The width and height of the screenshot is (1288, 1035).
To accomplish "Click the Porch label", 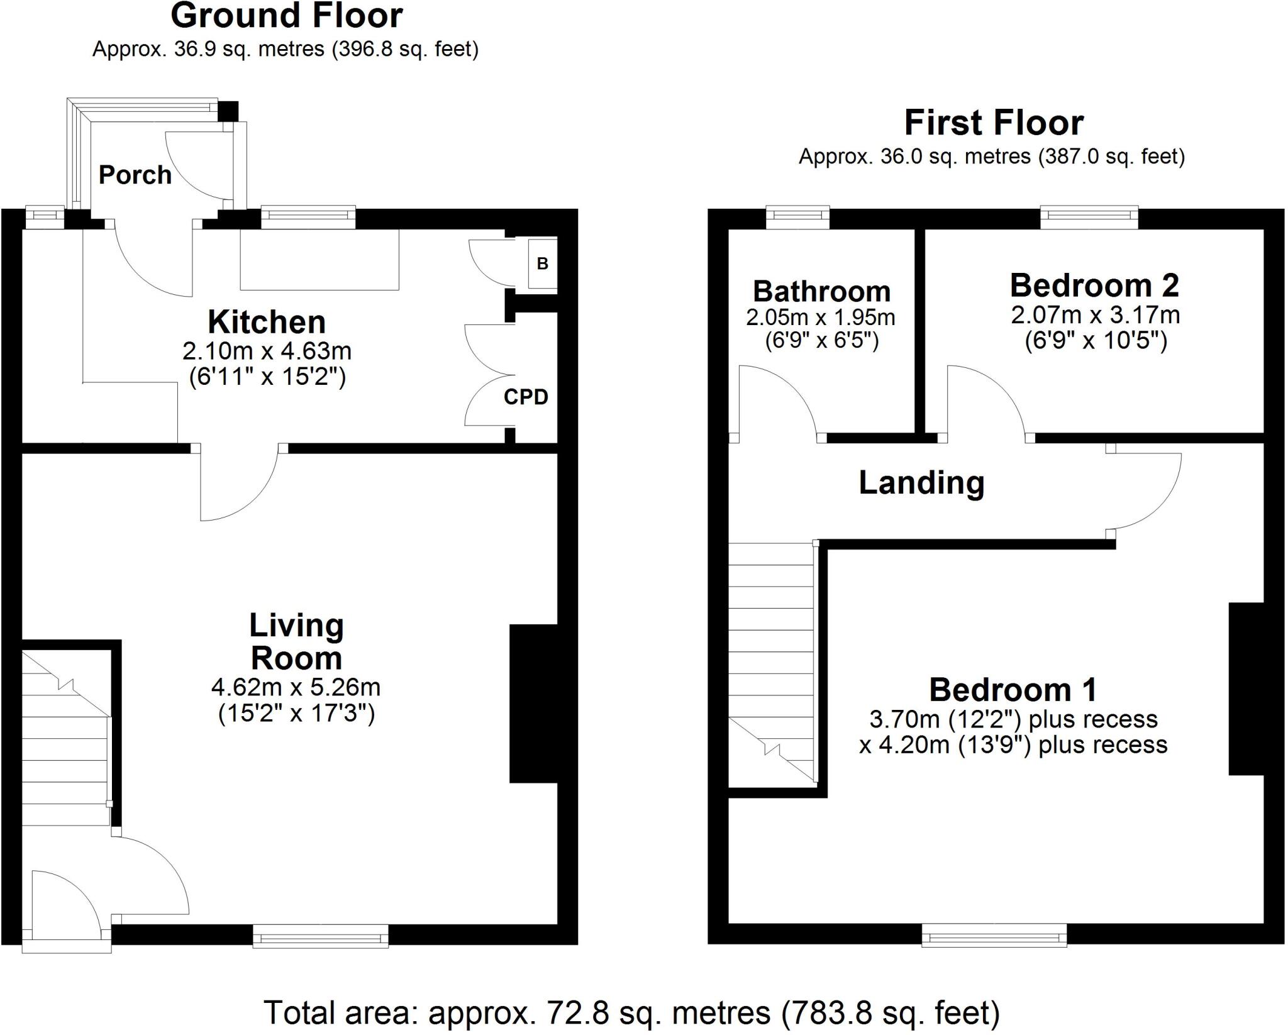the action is (135, 175).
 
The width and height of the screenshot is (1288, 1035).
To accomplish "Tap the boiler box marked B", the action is (542, 263).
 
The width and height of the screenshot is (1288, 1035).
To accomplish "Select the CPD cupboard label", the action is (526, 397).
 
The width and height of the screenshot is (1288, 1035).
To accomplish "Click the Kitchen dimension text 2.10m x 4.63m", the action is (267, 350).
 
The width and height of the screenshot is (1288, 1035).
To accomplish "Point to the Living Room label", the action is (296, 642).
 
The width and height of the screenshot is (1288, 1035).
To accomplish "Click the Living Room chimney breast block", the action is (533, 704).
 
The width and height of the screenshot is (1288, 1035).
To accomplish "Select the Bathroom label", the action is (822, 291).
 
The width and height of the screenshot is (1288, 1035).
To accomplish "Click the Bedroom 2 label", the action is (1095, 285).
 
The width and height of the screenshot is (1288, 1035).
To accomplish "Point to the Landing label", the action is (921, 483).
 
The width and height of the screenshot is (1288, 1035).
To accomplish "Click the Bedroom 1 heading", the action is (1013, 690).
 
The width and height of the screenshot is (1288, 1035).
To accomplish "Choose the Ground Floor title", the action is (286, 16).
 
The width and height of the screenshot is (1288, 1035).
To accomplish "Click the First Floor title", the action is (994, 123).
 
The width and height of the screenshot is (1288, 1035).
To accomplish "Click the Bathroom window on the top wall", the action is (798, 217).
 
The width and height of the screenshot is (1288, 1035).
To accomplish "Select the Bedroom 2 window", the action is (1089, 217).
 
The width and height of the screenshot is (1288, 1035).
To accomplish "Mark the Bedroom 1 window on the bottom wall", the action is (994, 934).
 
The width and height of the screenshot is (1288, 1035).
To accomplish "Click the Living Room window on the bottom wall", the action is (321, 936).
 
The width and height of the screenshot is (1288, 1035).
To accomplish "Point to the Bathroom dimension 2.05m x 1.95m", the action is (821, 318).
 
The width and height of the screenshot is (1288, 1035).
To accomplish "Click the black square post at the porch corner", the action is (228, 111).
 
